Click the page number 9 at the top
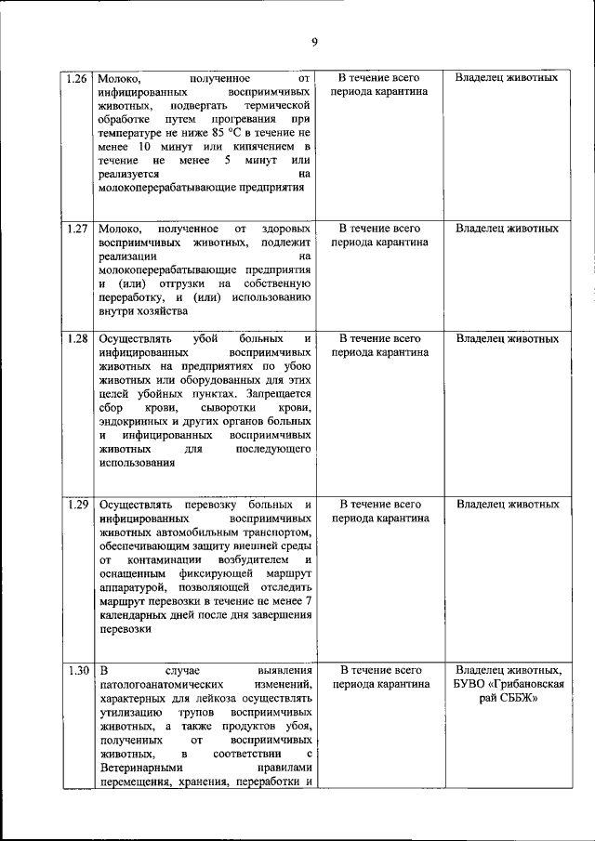coord(314,42)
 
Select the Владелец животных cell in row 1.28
coord(507,339)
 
